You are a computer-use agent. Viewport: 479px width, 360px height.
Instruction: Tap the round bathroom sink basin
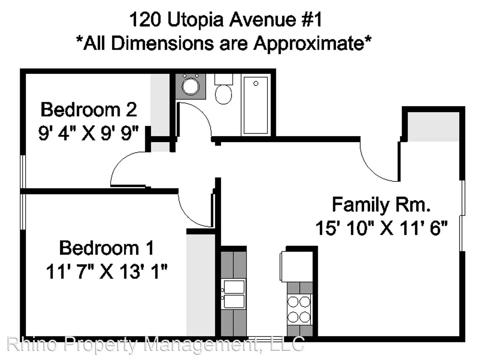(191, 86)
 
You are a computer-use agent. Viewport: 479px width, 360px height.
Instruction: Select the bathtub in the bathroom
(255, 105)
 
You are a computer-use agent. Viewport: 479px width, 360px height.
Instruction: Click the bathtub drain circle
(256, 83)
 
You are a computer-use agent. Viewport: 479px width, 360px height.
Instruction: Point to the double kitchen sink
(234, 294)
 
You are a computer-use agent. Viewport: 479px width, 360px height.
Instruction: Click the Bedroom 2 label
(89, 110)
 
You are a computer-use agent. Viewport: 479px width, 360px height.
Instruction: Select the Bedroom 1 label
(107, 248)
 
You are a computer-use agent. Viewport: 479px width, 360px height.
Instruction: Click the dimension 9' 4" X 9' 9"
(88, 133)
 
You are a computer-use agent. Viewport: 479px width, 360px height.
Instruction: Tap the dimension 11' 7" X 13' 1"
(107, 271)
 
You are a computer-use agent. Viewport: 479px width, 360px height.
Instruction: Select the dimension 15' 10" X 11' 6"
(381, 228)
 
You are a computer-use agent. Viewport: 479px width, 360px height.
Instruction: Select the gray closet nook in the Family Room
(433, 127)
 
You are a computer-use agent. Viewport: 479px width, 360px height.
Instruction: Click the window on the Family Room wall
(462, 216)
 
